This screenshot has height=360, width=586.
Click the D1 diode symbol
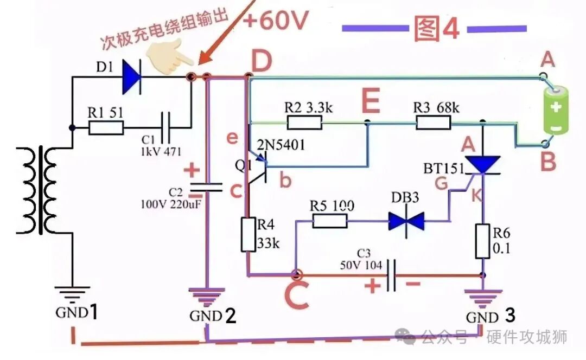[x=132, y=78]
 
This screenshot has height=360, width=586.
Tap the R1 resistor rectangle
[x=106, y=128]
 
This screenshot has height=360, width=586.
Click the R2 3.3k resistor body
[x=304, y=122]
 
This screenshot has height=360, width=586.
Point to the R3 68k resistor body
[x=433, y=122]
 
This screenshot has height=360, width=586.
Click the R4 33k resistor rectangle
[x=249, y=234]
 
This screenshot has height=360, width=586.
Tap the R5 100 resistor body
[x=330, y=221]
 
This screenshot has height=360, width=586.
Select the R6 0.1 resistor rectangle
[x=482, y=241]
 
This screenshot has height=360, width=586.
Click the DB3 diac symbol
[x=406, y=221]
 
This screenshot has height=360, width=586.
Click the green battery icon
[x=556, y=110]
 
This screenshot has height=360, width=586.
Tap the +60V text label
[x=276, y=20]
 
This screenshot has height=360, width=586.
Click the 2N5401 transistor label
[x=281, y=145]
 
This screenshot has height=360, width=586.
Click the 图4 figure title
[x=436, y=28]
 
